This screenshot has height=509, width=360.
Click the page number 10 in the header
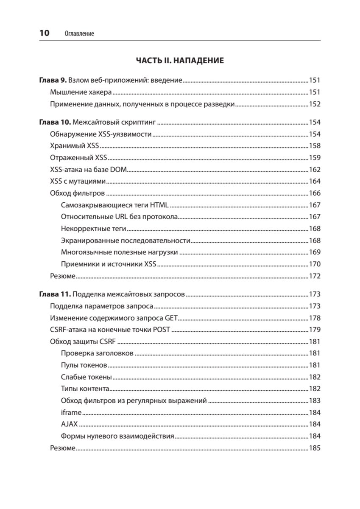(x=44, y=34)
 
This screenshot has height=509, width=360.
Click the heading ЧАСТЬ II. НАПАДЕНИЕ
(x=180, y=61)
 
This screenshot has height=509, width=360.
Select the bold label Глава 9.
(x=53, y=79)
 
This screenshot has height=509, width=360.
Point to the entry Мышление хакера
(x=81, y=92)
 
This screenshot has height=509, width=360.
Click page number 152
(x=315, y=104)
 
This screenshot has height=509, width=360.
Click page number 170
(x=315, y=264)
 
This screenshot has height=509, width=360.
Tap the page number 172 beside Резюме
(x=315, y=276)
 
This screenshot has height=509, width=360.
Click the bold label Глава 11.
(x=55, y=294)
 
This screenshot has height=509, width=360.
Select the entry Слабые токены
(x=87, y=377)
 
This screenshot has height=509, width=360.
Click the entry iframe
(x=71, y=412)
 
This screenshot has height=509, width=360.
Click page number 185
(x=315, y=447)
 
